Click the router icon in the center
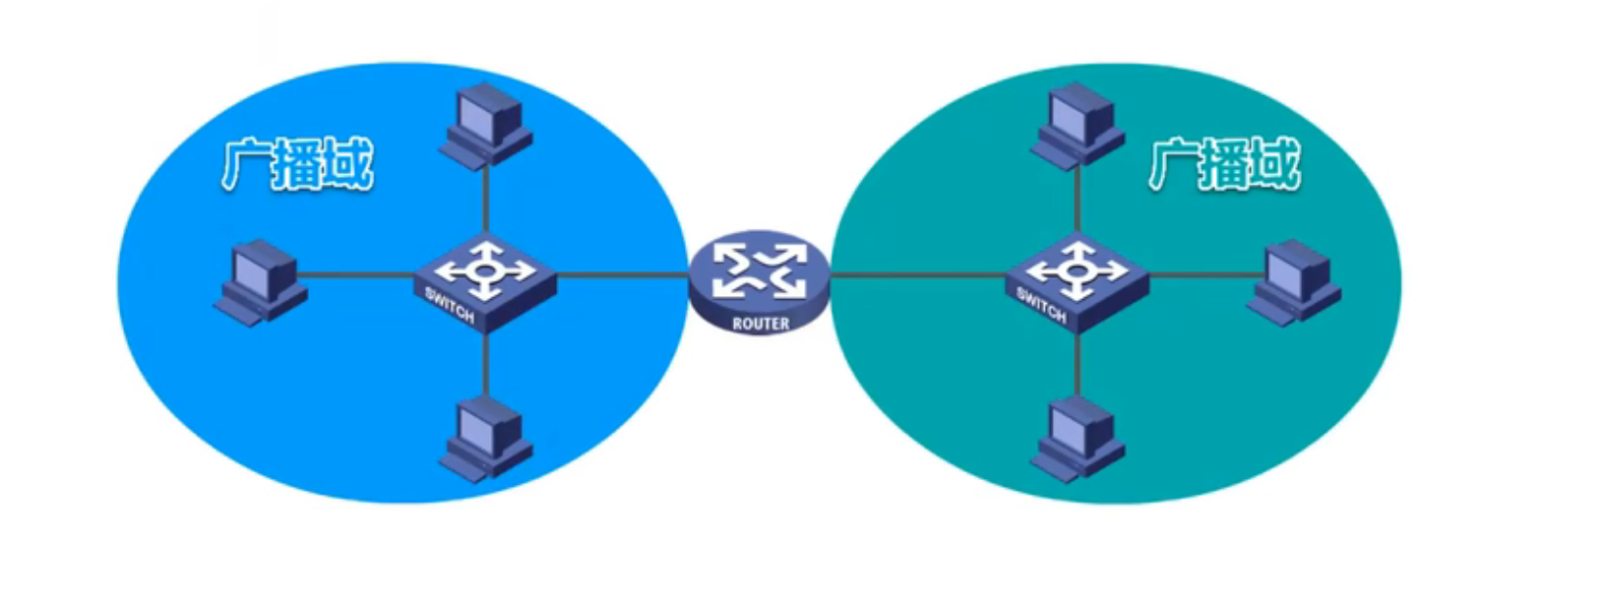click(x=759, y=278)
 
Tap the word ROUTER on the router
click(x=760, y=324)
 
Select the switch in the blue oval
click(x=485, y=279)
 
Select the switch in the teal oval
click(x=1077, y=279)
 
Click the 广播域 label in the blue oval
click(x=297, y=165)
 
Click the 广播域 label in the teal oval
click(x=1224, y=165)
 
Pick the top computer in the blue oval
click(x=486, y=126)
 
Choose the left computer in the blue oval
click(x=260, y=282)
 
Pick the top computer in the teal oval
click(x=1078, y=126)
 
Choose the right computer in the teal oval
click(x=1294, y=282)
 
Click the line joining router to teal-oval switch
click(x=919, y=275)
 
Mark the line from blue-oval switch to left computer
click(x=357, y=275)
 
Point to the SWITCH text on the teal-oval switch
click(x=1041, y=306)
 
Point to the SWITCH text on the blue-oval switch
click(x=450, y=306)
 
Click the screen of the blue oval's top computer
click(x=481, y=112)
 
